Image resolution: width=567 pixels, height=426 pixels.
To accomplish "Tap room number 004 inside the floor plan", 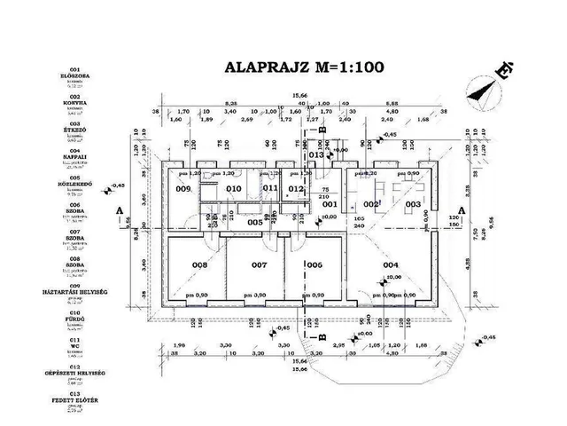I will [390, 265].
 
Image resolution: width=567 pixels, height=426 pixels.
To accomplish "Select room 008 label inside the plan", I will [200, 265].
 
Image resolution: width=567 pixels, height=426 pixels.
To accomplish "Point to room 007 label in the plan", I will [259, 265].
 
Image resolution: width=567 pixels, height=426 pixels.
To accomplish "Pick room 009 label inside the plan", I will [183, 189].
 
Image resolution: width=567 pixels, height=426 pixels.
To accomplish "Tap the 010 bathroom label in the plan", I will [234, 189].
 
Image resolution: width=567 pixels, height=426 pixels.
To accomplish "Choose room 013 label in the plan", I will [316, 154].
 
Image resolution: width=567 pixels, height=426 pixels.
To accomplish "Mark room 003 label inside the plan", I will [413, 205].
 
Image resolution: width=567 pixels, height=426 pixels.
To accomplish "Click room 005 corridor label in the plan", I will [255, 222].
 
